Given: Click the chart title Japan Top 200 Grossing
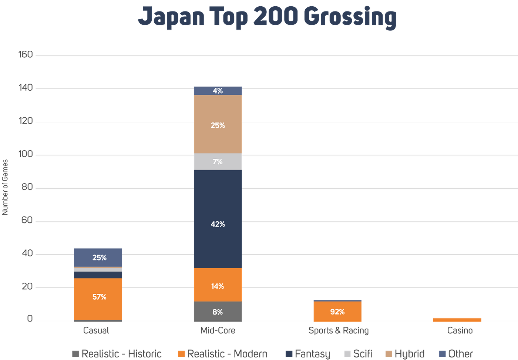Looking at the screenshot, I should tap(267, 17).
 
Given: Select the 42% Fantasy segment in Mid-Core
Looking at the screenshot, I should tap(218, 219).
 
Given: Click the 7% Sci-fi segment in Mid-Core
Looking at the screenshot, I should tap(218, 162).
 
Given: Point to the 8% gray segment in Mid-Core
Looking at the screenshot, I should tap(218, 312).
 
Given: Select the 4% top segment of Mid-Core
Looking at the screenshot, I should tap(218, 91).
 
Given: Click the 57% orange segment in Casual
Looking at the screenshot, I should tap(98, 299).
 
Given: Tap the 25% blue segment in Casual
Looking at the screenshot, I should tap(98, 257).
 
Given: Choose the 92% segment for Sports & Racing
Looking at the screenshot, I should tap(337, 311).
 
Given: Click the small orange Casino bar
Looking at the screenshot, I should tap(457, 320).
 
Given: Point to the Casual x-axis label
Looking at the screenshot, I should tap(96, 330).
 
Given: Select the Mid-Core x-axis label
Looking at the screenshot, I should tap(218, 330).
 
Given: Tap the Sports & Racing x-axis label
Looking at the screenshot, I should tap(339, 330).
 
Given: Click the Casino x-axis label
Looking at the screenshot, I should tap(460, 330).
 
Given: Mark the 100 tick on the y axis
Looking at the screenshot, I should tap(26, 154).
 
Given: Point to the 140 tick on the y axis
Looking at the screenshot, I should tap(26, 88).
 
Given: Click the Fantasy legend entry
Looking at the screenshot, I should tap(308, 353).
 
